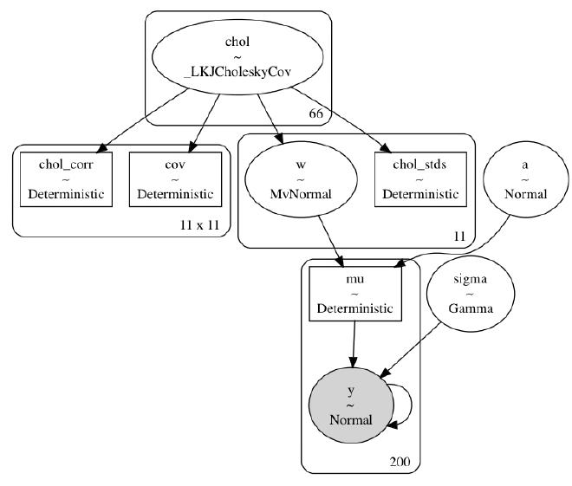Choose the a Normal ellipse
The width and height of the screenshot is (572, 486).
click(x=526, y=180)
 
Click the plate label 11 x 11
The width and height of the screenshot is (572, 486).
click(x=199, y=225)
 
